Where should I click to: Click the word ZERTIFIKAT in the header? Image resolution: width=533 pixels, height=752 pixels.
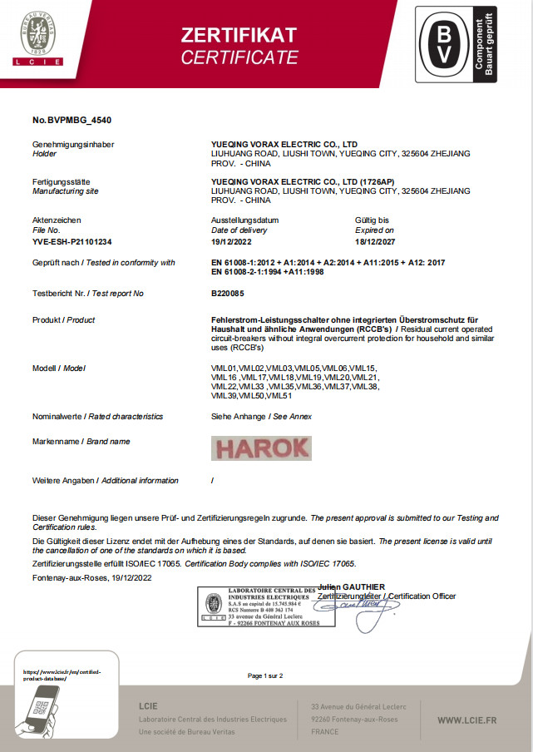point(239,34)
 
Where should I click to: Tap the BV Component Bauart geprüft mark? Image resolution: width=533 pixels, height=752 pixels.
point(456,43)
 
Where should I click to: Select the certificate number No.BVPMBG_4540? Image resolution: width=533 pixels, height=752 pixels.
point(72,121)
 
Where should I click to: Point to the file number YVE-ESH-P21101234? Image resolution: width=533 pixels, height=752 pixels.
point(72,240)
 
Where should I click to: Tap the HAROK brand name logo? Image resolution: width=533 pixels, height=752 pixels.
point(262,448)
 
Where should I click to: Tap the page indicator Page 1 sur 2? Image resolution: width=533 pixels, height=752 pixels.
point(266,675)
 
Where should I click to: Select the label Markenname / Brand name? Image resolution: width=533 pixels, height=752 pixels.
point(81,442)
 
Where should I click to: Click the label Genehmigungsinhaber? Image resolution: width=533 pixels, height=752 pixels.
point(73,144)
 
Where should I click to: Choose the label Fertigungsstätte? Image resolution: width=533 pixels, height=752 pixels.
point(62,181)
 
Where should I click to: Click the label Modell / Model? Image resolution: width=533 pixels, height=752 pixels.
point(59,368)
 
